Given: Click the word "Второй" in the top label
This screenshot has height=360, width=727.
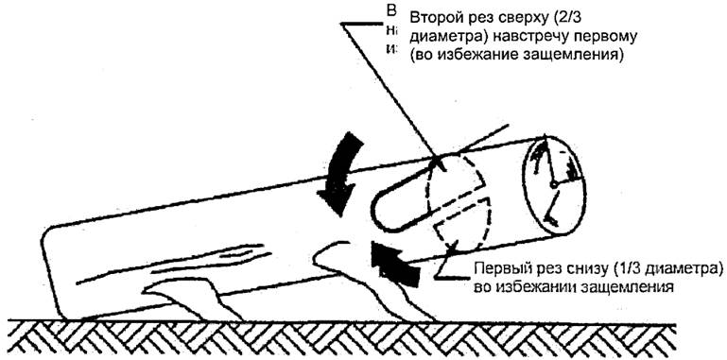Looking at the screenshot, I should [x=436, y=19].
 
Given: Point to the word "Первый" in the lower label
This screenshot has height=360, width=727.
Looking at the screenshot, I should [x=499, y=266].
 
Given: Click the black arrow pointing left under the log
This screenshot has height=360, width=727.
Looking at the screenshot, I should [x=395, y=261].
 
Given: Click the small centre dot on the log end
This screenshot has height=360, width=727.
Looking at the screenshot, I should [x=553, y=183].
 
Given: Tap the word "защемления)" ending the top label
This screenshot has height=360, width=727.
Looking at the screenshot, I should [x=582, y=56].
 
